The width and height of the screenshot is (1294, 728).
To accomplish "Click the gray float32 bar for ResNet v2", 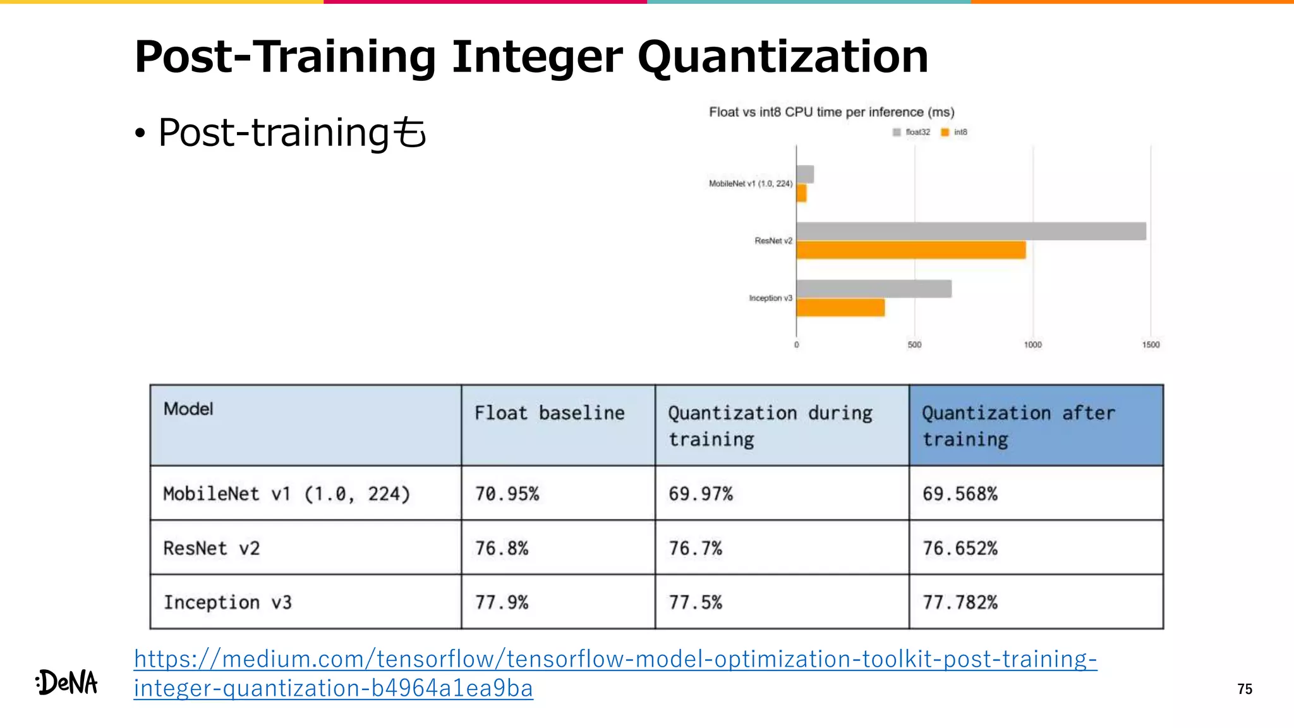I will [x=970, y=231].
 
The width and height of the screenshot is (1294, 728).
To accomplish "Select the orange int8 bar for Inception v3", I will [x=840, y=308].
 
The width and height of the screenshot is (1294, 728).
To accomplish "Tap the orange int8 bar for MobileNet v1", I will [x=801, y=193].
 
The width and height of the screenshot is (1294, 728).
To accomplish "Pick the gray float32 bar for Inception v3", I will [x=874, y=289].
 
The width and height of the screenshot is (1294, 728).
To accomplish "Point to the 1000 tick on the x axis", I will [x=1032, y=344].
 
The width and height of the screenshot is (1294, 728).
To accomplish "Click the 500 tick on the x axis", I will [x=914, y=344].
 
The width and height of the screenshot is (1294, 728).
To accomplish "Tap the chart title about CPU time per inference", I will [x=831, y=112].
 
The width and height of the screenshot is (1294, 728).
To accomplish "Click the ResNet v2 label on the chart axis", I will [x=773, y=241].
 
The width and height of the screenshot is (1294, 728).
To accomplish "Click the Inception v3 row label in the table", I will [x=227, y=602].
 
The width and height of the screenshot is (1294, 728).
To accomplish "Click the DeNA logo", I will [x=67, y=682].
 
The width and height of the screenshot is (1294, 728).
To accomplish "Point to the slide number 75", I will [x=1244, y=689].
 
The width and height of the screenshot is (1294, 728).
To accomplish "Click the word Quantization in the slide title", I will [x=782, y=57].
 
